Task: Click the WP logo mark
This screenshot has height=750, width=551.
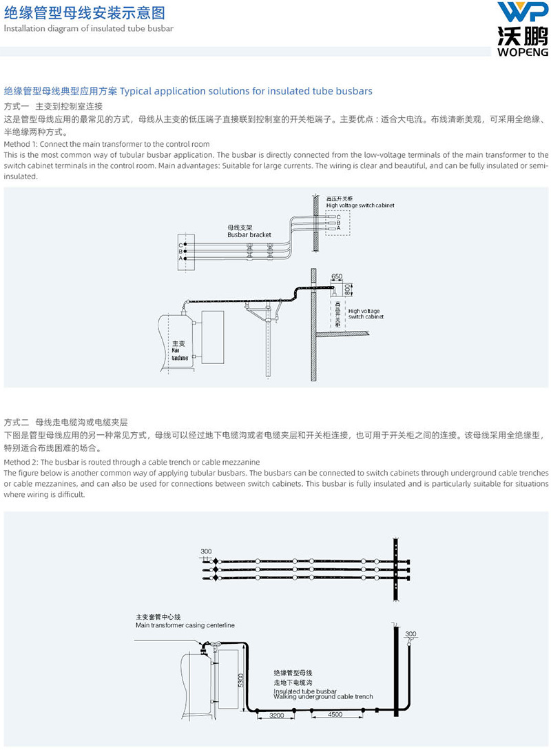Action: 521,14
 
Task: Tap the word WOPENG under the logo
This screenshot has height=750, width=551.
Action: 521,51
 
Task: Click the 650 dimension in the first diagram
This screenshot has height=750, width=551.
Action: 337,276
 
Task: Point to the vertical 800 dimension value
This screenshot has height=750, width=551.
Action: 347,289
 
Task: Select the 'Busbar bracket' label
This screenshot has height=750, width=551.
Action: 249,235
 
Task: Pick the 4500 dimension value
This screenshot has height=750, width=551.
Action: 335,716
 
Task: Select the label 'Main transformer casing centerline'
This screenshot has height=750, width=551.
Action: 185,625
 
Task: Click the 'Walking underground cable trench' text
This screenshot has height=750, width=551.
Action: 323,697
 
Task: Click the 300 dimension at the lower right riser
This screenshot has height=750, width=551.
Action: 411,634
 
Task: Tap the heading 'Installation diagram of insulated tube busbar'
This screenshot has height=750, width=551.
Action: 89,28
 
